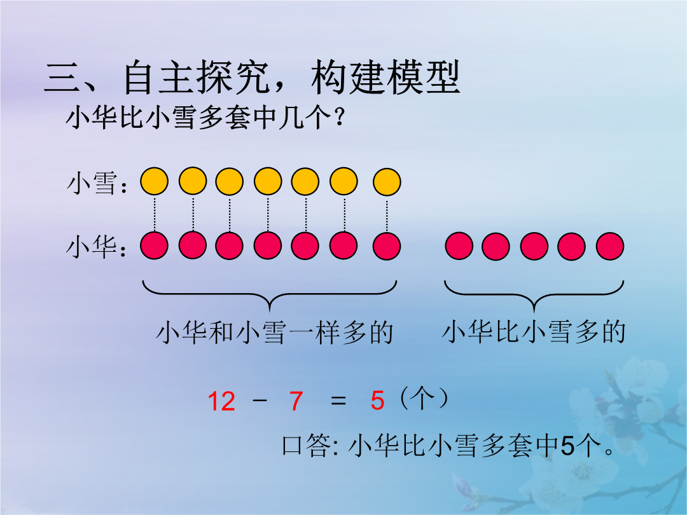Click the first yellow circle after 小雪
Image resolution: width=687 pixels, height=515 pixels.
154,181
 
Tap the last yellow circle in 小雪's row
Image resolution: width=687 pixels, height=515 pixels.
387,181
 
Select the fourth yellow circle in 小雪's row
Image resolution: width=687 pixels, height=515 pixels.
268,181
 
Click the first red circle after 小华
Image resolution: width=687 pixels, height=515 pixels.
154,246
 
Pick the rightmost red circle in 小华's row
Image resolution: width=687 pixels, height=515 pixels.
610,246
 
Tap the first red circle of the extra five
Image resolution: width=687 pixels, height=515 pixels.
459,246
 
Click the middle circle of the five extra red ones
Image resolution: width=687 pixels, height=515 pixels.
534,246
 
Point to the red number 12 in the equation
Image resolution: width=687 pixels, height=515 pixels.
222,401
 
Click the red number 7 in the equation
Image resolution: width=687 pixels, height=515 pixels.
296,401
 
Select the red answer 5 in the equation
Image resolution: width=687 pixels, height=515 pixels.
377,401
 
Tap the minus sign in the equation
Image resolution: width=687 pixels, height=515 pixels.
260,401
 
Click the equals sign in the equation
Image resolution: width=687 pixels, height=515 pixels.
338,401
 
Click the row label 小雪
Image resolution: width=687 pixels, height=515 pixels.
92,182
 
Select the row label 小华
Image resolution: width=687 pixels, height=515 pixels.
92,246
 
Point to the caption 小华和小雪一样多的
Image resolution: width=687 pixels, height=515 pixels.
274,332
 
